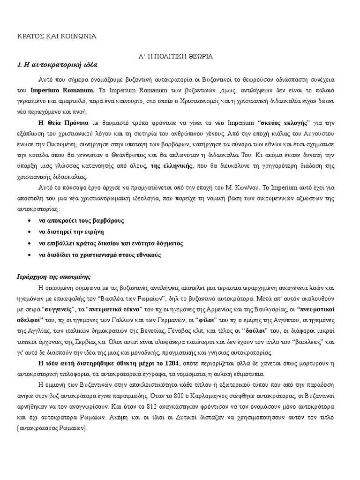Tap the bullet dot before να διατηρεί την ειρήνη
pos(30,232)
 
